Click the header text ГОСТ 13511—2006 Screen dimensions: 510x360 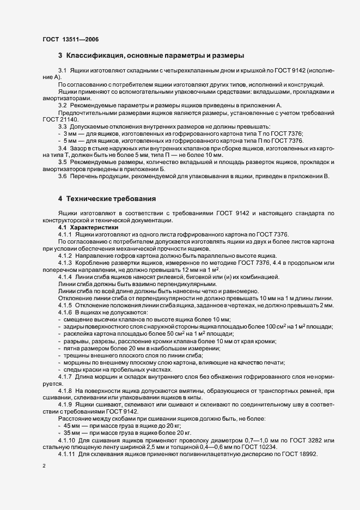click(71, 39)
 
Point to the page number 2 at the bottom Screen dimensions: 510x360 click(44, 466)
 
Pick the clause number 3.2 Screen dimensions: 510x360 click(63, 105)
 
